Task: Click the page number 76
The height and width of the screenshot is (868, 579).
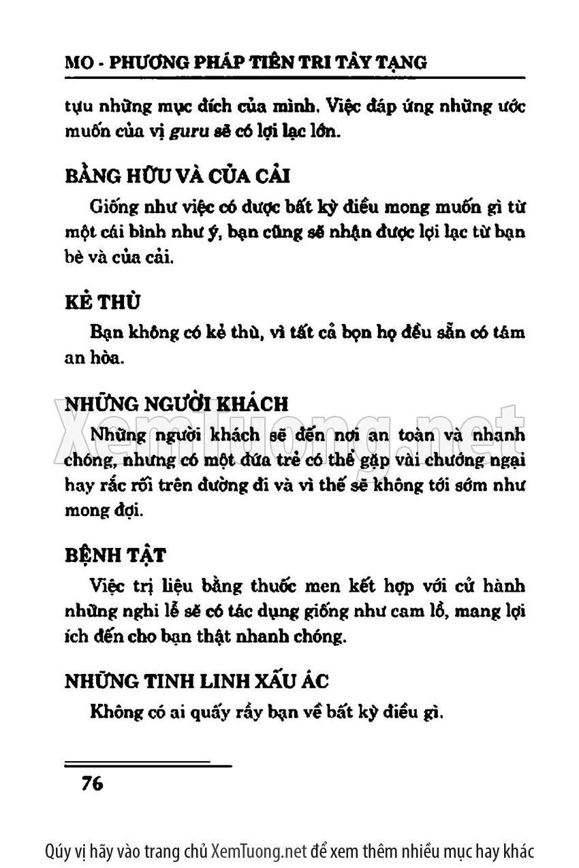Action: [x=91, y=783]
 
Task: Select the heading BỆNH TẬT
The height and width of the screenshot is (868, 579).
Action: [x=114, y=556]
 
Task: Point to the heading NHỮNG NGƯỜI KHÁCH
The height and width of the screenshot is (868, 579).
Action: [x=176, y=403]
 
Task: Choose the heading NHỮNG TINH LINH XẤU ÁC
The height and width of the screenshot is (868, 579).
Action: [x=196, y=681]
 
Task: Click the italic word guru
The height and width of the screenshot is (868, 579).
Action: [x=176, y=132]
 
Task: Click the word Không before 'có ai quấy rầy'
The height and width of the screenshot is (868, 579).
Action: [x=111, y=713]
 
